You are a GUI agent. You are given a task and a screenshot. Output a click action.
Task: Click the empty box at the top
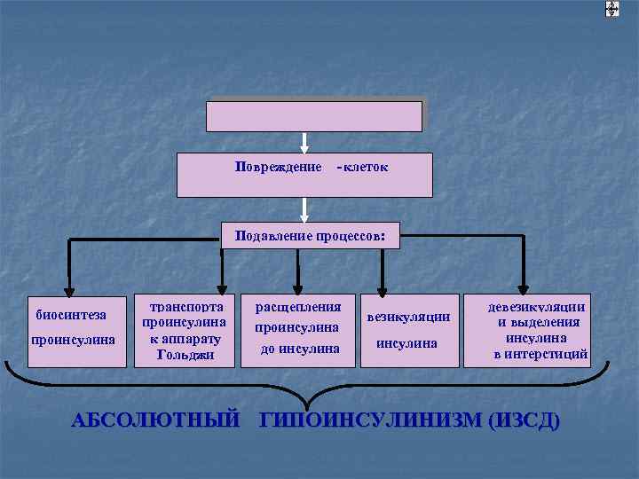314,116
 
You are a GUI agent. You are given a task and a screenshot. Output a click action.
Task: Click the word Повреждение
278,167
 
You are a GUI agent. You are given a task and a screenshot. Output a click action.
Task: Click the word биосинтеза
72,314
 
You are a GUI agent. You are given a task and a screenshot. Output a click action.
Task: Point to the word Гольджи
185,355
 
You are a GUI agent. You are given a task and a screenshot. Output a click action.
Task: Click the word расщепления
298,307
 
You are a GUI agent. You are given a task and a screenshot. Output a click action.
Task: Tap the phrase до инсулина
300,349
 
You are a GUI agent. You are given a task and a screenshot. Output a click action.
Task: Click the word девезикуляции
538,307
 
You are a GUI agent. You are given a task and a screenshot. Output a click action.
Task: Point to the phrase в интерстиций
541,355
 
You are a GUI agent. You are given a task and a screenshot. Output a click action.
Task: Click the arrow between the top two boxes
304,143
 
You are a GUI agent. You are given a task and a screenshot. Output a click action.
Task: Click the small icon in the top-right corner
611,9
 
